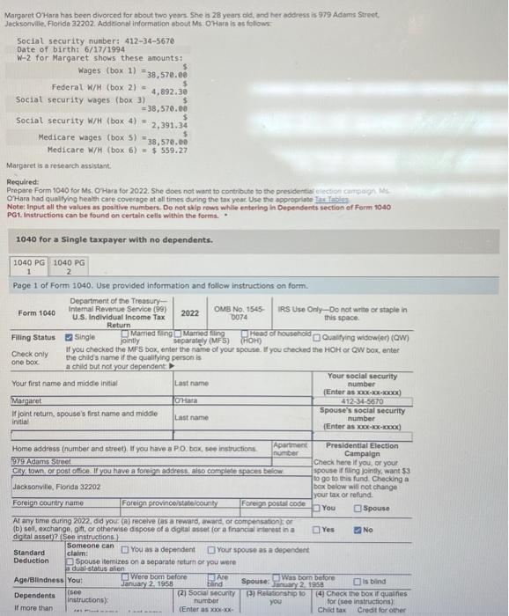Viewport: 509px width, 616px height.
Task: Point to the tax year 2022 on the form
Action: pyautogui.click(x=190, y=312)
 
